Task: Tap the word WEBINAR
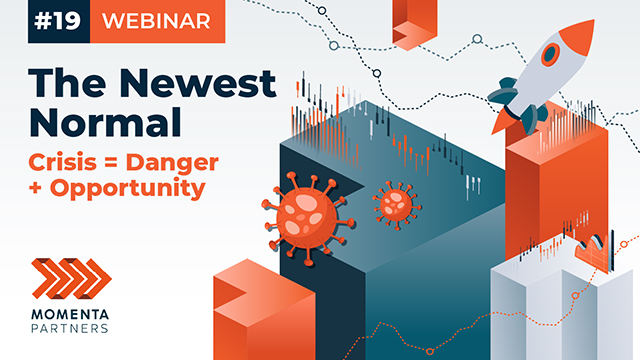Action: (156, 22)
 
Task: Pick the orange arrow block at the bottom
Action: (244, 310)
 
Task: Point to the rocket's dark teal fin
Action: (508, 95)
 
